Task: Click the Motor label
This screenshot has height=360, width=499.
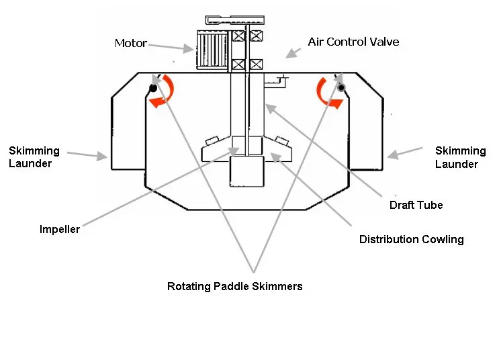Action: [x=130, y=43]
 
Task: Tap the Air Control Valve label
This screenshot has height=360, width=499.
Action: [x=353, y=42]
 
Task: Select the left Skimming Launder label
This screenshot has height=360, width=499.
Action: [x=34, y=157]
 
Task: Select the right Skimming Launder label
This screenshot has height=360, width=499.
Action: [x=460, y=157]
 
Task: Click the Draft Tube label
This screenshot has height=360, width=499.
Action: [x=416, y=205]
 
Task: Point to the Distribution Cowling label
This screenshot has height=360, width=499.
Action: [x=411, y=239]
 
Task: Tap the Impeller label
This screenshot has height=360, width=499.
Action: [x=60, y=230]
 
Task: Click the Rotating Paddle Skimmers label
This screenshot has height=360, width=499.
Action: [x=234, y=286]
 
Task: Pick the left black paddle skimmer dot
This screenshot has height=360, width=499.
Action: [x=153, y=88]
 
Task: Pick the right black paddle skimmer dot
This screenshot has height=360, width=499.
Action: [x=341, y=88]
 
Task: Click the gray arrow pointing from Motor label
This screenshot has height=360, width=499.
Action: [x=171, y=46]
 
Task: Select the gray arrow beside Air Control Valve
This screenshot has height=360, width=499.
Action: [x=291, y=52]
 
